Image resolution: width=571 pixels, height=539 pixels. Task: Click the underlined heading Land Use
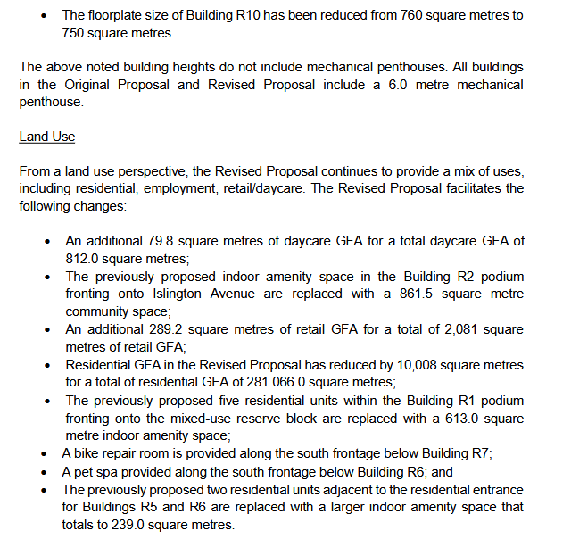point(46,137)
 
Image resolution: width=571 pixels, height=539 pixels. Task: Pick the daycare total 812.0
point(83,259)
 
